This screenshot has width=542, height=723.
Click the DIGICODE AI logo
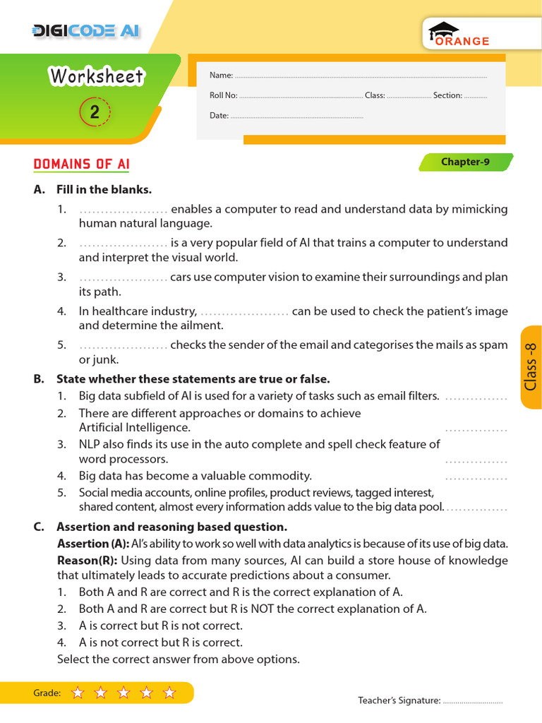click(86, 30)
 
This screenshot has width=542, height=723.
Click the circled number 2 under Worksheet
click(95, 112)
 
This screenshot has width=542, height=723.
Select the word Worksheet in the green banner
click(96, 76)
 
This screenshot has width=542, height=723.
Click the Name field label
click(221, 75)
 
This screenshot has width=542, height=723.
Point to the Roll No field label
click(224, 95)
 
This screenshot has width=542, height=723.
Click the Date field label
click(219, 115)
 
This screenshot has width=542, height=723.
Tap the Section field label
click(447, 95)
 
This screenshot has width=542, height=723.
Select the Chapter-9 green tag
click(465, 162)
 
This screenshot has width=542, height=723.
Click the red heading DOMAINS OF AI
click(82, 165)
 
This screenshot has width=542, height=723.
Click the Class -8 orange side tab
click(531, 366)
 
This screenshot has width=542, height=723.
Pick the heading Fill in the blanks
click(104, 189)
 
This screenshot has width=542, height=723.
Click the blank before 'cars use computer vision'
click(123, 277)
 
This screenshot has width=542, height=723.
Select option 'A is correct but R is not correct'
click(160, 626)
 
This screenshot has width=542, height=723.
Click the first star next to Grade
click(78, 693)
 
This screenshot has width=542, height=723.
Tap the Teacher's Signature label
click(399, 700)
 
